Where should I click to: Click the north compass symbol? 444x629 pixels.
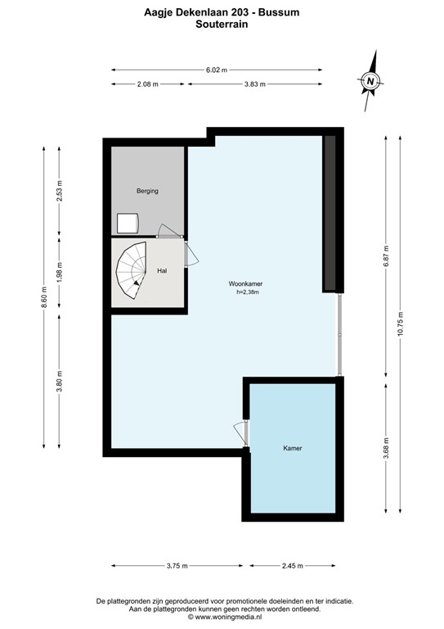click(371, 80)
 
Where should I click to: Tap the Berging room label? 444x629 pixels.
click(147, 191)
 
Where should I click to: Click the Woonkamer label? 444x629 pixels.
click(245, 283)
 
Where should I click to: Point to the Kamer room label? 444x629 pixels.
click(293, 448)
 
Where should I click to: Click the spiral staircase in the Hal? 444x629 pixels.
click(130, 274)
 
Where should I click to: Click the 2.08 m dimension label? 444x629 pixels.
click(147, 84)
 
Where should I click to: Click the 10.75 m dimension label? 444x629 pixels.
click(400, 324)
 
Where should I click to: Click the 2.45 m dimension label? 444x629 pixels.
click(292, 566)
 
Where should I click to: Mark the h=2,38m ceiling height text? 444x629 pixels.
click(245, 292)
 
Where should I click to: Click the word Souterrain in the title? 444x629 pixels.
click(222, 25)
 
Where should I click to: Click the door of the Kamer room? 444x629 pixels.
click(240, 433)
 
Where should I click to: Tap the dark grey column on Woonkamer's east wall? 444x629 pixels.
click(330, 214)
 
